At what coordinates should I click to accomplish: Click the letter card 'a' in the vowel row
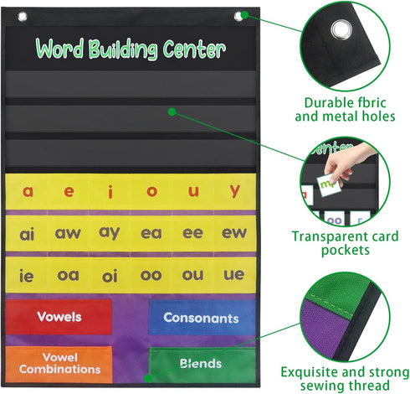click(28, 191)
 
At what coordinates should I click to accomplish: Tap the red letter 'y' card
click(235, 191)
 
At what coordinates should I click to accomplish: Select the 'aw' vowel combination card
click(69, 233)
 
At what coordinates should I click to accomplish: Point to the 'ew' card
click(235, 233)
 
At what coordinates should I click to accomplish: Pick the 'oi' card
click(110, 275)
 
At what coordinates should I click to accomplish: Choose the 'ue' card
click(235, 275)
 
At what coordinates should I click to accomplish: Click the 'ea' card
click(151, 233)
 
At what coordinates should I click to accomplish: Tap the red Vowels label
click(59, 317)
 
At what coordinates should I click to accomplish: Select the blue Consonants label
click(201, 318)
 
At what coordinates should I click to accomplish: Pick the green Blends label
click(201, 364)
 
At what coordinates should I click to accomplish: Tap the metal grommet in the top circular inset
click(341, 31)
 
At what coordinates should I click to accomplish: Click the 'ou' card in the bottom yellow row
click(193, 275)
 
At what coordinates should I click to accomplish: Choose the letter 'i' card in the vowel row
click(110, 191)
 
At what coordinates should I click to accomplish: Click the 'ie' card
click(28, 275)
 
